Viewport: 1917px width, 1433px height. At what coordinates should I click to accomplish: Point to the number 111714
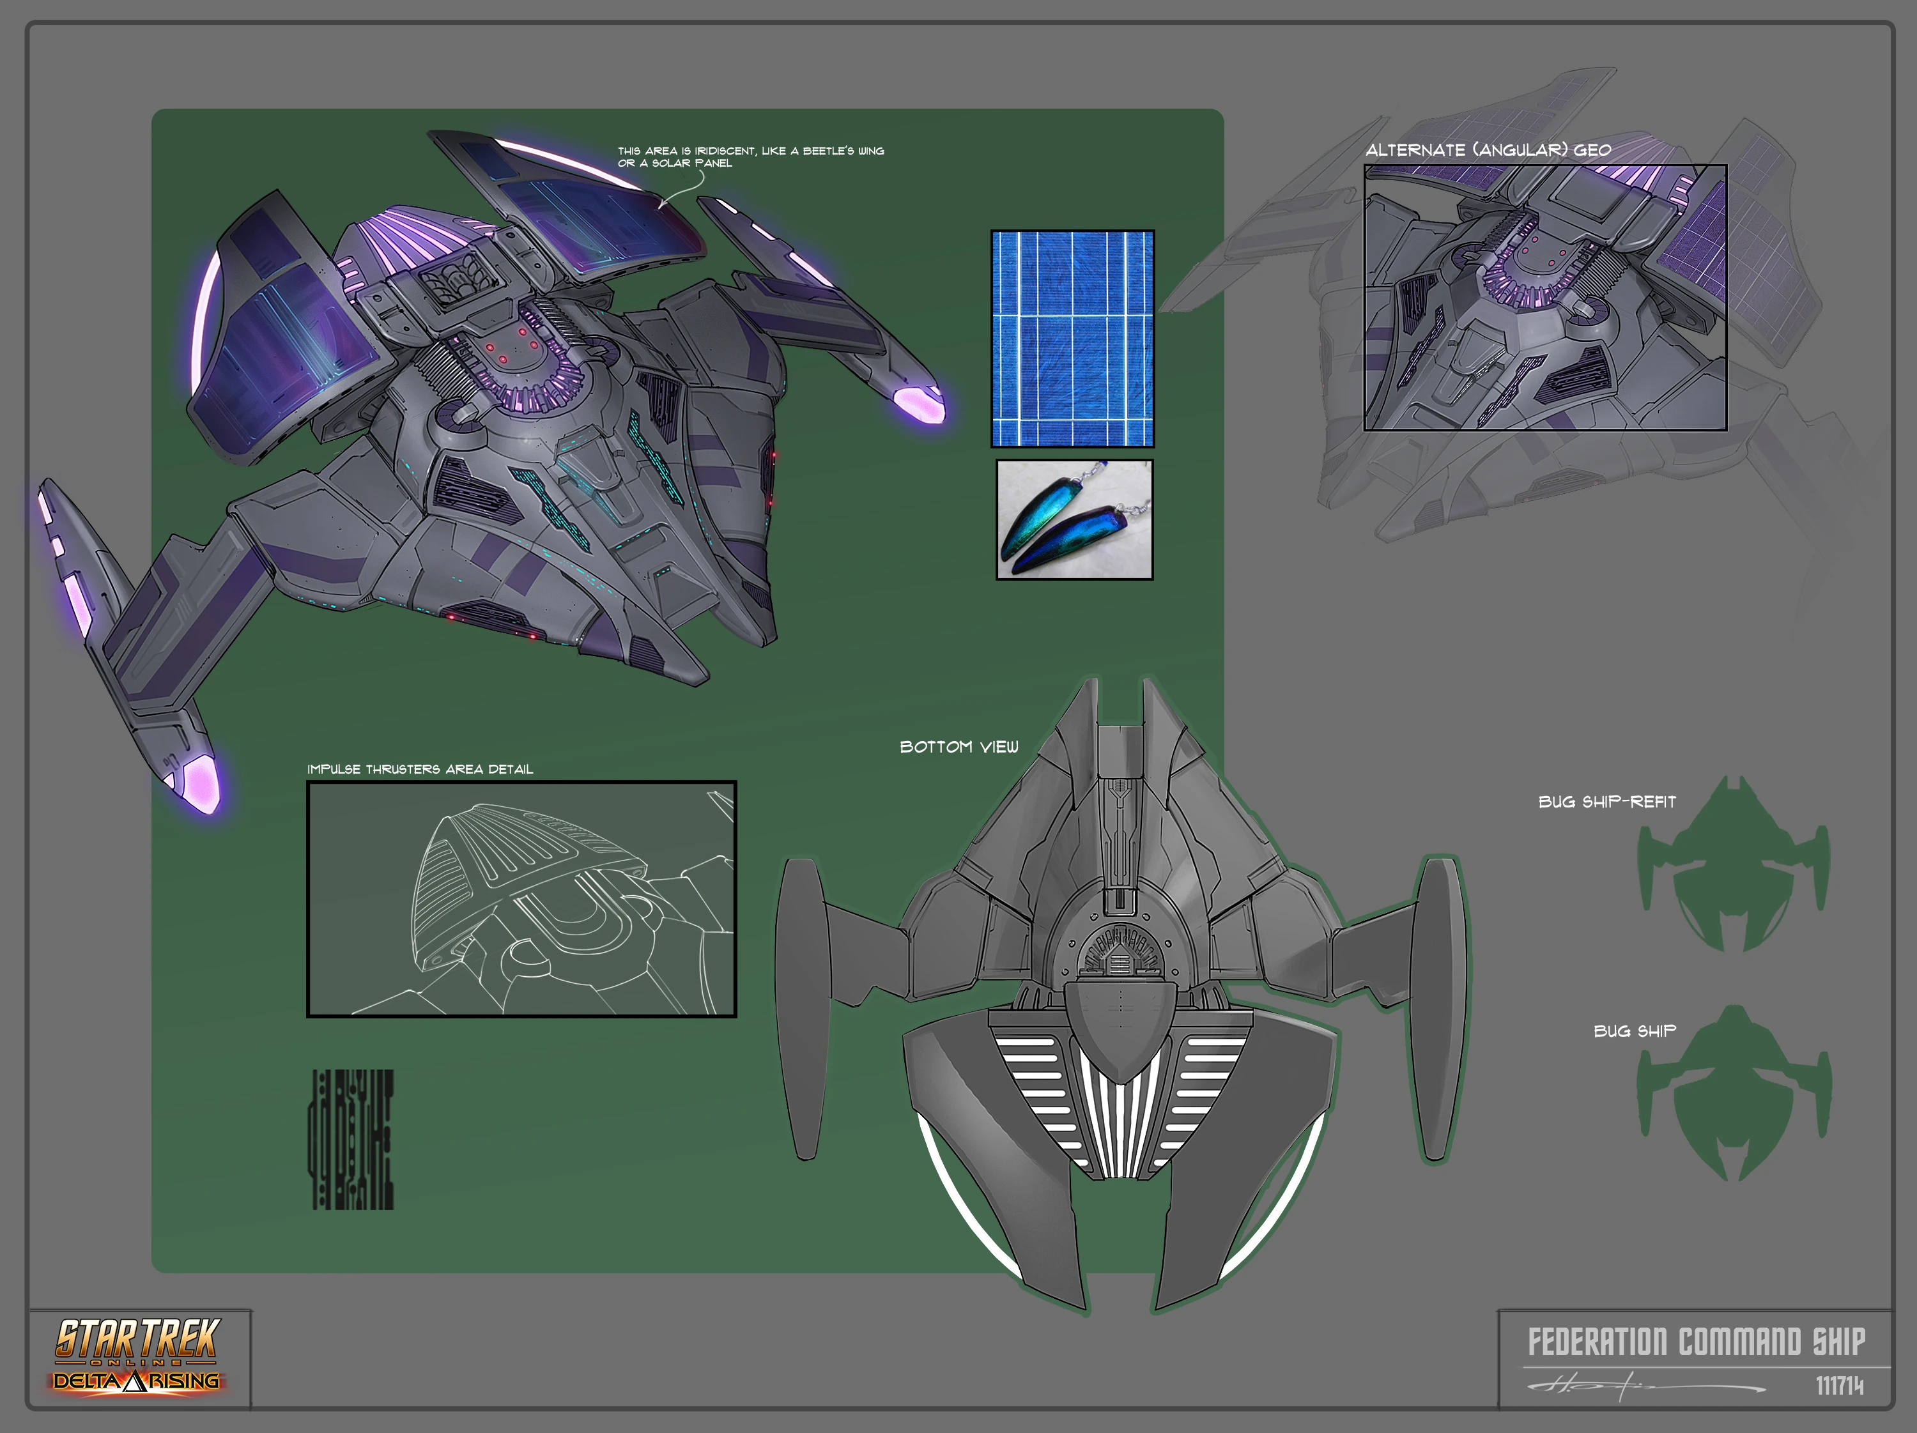pos(1839,1386)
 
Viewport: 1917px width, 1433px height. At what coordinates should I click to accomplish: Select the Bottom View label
pos(958,747)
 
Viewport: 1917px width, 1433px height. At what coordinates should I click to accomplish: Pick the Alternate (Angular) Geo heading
pos(1488,150)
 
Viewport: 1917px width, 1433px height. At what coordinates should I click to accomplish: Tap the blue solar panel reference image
pos(1072,339)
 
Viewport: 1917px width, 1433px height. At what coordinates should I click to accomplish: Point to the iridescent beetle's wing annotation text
pos(751,156)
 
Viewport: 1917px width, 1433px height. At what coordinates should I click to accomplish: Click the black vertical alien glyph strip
pos(352,1139)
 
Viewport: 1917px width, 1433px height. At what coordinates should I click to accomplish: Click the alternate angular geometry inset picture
pos(1544,297)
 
